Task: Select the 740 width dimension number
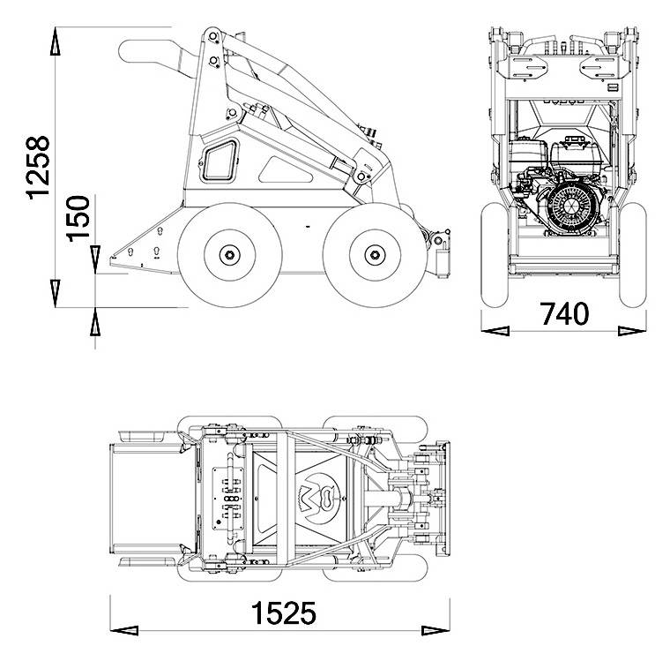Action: [x=564, y=313]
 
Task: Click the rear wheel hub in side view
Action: [x=229, y=256]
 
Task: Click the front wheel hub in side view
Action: [x=375, y=256]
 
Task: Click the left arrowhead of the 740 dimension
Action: [x=495, y=331]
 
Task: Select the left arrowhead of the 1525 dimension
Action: [x=123, y=629]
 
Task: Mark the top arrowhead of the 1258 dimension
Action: [x=55, y=40]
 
